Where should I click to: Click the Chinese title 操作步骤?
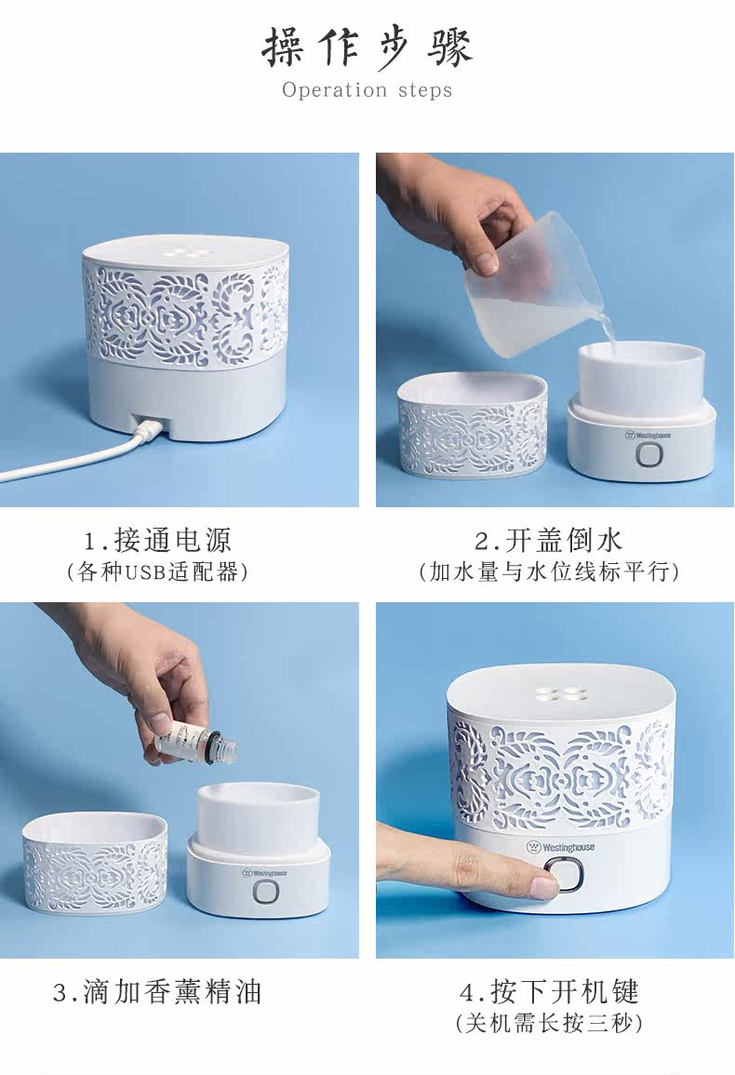[367, 48]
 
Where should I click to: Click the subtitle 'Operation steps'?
[367, 89]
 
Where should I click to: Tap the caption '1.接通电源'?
[157, 540]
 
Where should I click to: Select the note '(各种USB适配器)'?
[157, 571]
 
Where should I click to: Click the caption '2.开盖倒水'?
[549, 540]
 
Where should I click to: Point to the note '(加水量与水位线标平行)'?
[549, 571]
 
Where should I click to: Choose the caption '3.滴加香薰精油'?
[157, 992]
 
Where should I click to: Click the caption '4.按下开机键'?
[549, 992]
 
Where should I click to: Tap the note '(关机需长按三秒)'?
[549, 1024]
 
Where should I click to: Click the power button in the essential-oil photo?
[267, 892]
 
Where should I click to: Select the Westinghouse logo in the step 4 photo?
[560, 847]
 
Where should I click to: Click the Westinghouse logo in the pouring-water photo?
[648, 435]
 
